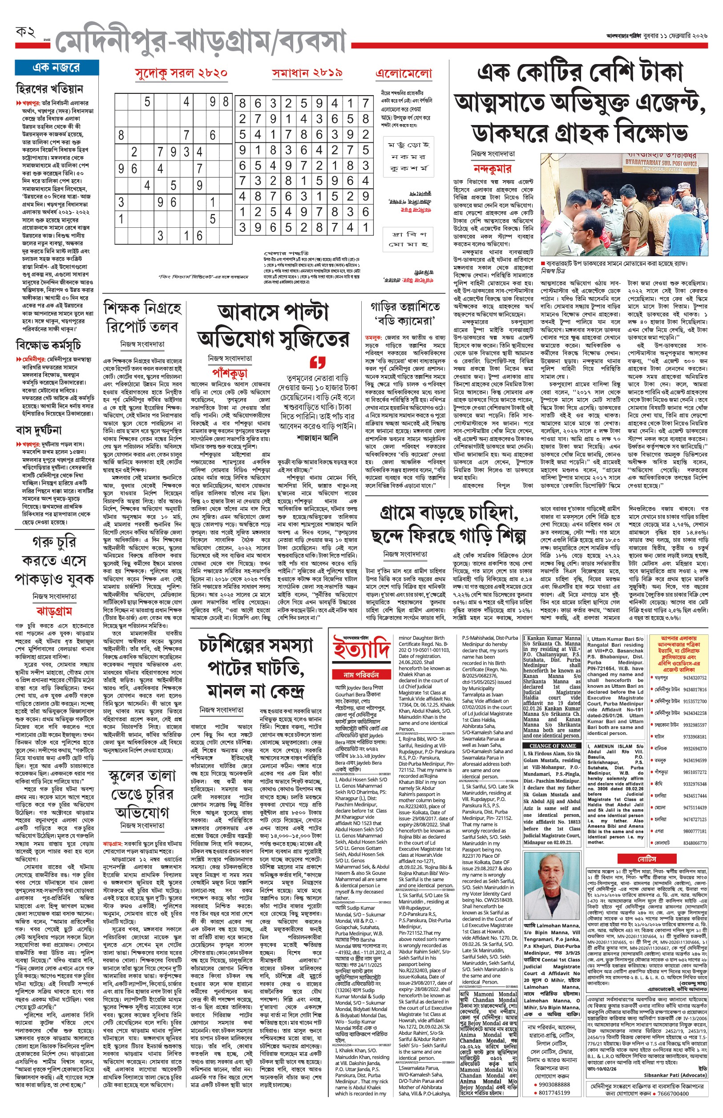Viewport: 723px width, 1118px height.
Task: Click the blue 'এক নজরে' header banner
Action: [57, 68]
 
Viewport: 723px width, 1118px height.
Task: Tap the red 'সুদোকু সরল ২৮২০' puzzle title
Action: [181, 73]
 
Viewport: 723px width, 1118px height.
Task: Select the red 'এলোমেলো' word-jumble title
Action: [404, 74]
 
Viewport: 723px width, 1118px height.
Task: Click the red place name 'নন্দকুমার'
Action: [492, 169]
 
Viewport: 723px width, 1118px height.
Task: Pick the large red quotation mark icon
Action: [318, 362]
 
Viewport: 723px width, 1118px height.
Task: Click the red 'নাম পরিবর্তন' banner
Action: [361, 674]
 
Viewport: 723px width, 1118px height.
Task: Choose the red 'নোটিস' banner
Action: [646, 859]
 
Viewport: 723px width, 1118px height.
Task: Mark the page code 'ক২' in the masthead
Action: [25, 32]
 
